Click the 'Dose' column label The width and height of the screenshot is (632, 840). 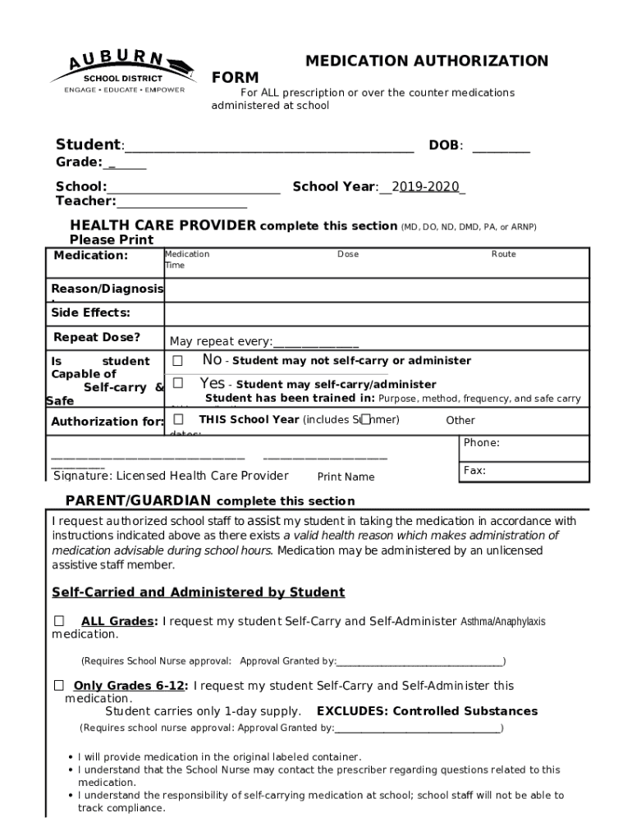click(x=348, y=254)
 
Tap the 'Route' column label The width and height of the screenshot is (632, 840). click(x=503, y=254)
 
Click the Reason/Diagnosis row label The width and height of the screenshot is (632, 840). click(x=108, y=289)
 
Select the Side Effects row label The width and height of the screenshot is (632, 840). click(x=91, y=313)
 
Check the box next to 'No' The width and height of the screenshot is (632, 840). click(x=178, y=361)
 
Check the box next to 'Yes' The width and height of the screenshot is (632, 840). click(x=178, y=383)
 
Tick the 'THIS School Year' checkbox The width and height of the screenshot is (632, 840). click(x=178, y=420)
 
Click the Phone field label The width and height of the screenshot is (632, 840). click(x=482, y=443)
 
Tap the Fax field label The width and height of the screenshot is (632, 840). click(x=474, y=471)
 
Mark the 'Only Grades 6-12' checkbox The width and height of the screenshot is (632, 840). click(x=59, y=685)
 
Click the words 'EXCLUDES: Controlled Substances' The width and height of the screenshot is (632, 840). click(x=427, y=711)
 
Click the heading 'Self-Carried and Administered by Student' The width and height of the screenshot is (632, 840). click(x=198, y=592)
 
